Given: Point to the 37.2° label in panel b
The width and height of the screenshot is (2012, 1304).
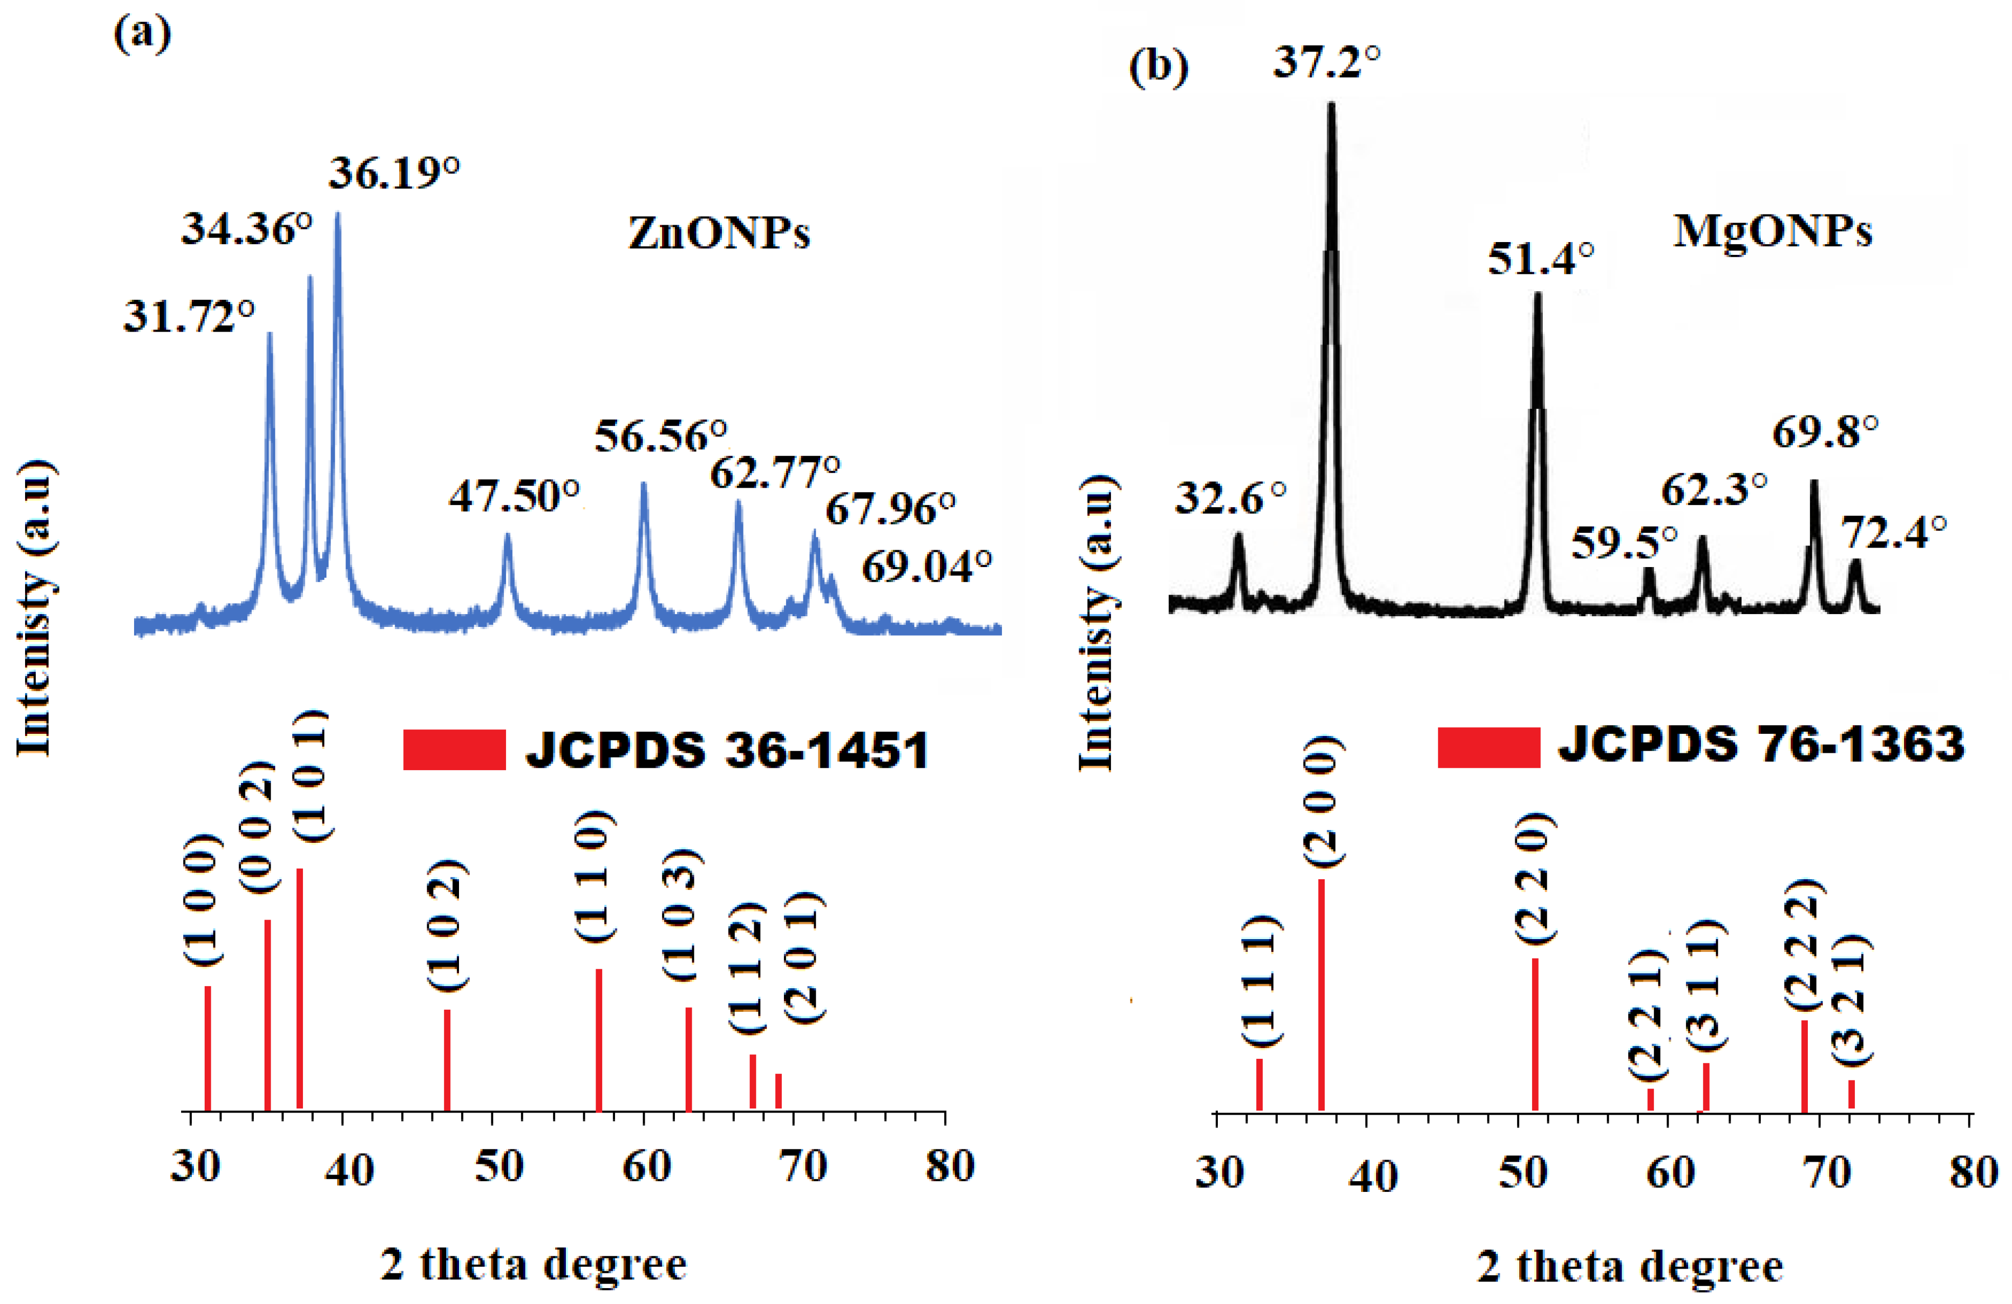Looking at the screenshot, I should click(1326, 62).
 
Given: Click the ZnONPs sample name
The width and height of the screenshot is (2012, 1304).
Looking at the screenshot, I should click(718, 232).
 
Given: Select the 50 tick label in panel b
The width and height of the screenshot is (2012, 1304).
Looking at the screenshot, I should click(1522, 1172).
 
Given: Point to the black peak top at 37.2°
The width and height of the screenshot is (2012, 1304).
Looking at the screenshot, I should click(1331, 106).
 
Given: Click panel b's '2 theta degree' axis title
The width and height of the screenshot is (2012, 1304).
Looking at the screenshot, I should click(1630, 1267).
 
